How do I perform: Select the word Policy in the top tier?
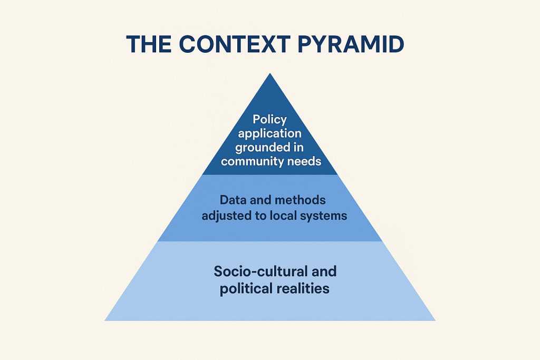tap(270, 120)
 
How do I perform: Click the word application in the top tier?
tap(270, 134)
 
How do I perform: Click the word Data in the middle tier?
tap(230, 201)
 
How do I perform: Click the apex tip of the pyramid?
tap(270, 74)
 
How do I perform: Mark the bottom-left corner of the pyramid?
tap(105, 320)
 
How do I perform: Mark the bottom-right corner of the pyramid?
tap(435, 320)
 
